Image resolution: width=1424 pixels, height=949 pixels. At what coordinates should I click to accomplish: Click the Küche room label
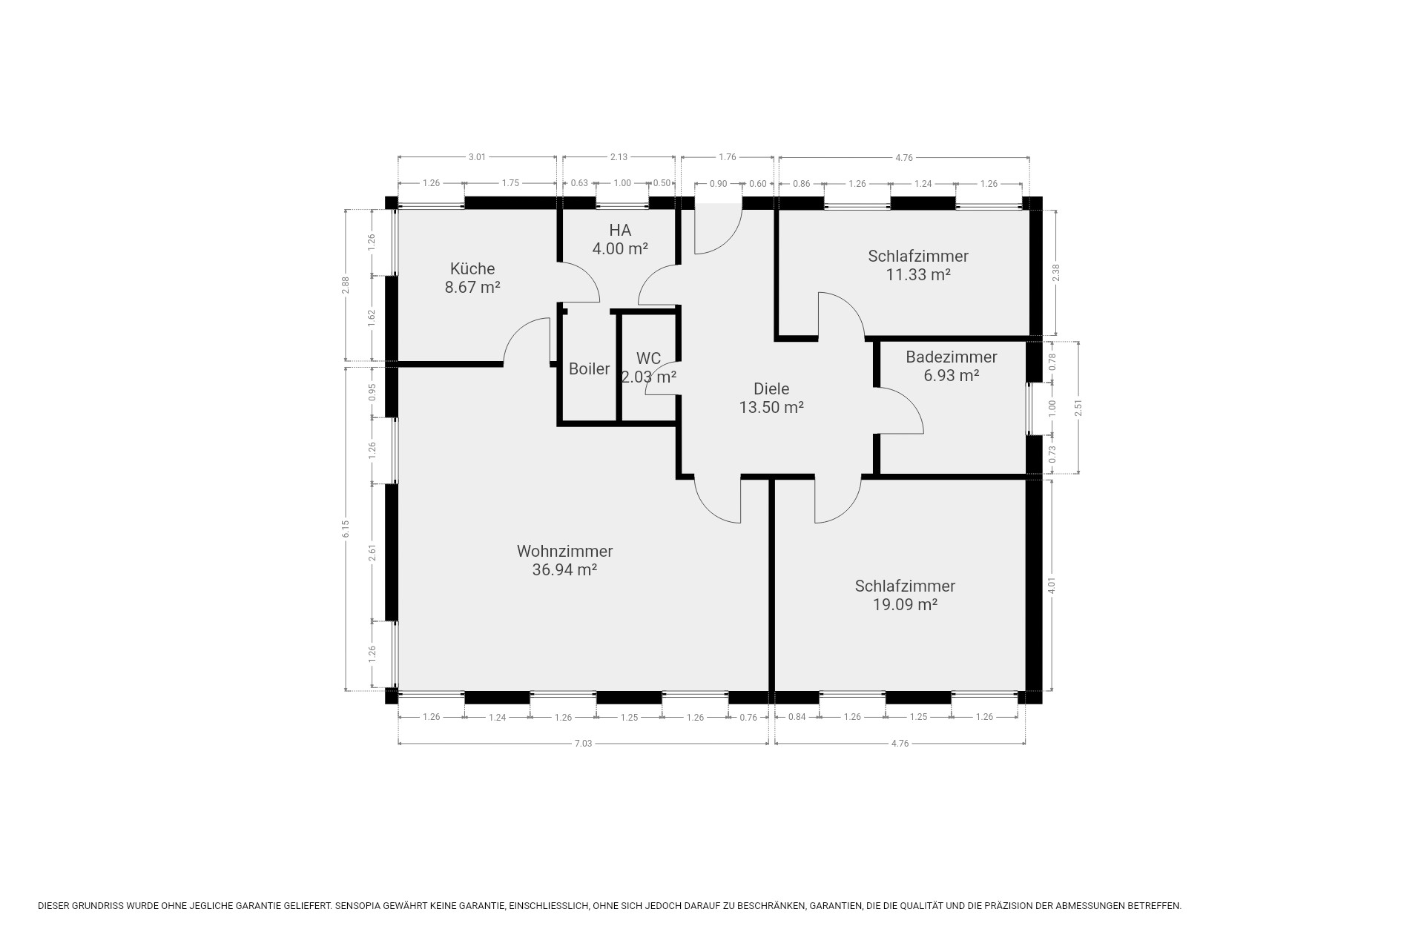pyautogui.click(x=472, y=268)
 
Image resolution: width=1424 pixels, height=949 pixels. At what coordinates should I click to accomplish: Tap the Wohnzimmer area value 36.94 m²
pyautogui.click(x=564, y=570)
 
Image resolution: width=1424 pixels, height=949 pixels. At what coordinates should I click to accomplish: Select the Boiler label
pyautogui.click(x=589, y=368)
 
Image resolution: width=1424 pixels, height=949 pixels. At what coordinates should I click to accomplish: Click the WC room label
pyautogui.click(x=648, y=359)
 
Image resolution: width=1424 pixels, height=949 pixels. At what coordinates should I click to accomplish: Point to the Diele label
pyautogui.click(x=771, y=388)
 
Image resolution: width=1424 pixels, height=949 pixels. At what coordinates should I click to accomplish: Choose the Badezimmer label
pyautogui.click(x=952, y=357)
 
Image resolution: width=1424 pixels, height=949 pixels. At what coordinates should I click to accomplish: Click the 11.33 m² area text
pyautogui.click(x=918, y=274)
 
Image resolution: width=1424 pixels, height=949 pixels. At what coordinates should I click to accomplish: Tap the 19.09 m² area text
pyautogui.click(x=905, y=604)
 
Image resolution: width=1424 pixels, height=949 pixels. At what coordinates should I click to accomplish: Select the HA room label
pyautogui.click(x=620, y=230)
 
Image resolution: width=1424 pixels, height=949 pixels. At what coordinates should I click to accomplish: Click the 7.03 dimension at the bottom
pyautogui.click(x=583, y=744)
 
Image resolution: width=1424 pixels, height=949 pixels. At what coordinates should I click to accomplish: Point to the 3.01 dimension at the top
pyautogui.click(x=477, y=157)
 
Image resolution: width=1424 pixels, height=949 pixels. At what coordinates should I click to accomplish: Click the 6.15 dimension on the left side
pyautogui.click(x=346, y=529)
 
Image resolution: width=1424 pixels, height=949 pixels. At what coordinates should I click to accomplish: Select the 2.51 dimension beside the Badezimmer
pyautogui.click(x=1078, y=407)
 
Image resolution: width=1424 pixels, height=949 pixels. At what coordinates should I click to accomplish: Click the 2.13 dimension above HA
pyautogui.click(x=619, y=157)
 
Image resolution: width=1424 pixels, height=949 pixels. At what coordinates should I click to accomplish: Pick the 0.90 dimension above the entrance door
pyautogui.click(x=718, y=184)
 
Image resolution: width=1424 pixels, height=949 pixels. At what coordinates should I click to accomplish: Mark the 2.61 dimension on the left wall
pyautogui.click(x=372, y=552)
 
